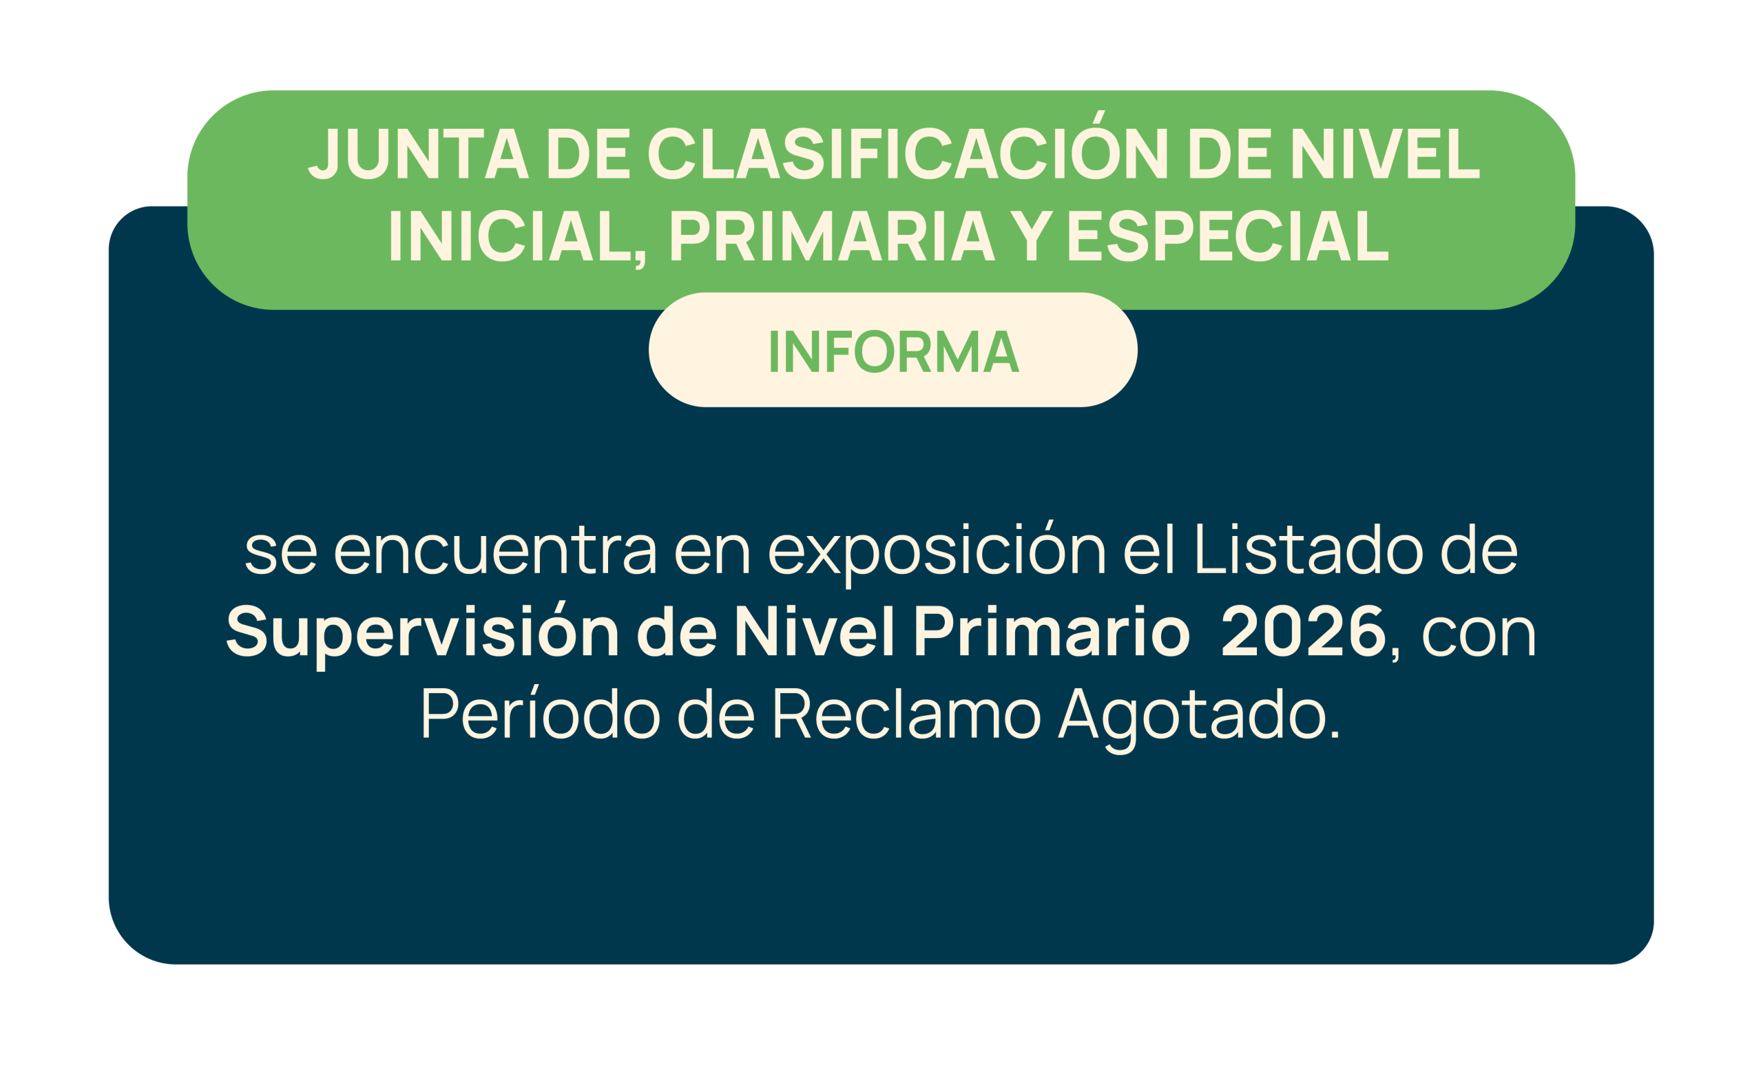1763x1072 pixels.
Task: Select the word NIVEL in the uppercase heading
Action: click(1385, 153)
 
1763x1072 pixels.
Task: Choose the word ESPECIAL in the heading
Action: click(1229, 236)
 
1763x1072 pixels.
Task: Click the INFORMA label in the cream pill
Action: click(894, 351)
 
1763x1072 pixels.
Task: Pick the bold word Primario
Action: click(1052, 630)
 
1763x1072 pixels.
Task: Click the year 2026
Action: click(1304, 630)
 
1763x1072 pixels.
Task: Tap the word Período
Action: click(540, 712)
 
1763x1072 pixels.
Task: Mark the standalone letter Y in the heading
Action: click(1031, 236)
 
